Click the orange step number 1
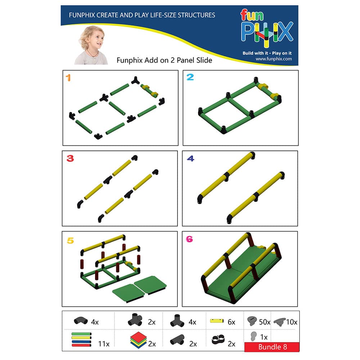pos(68,78)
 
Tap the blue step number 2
pos(190,77)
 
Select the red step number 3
pos(70,158)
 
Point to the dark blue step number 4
pos(190,158)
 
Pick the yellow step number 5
pos(70,240)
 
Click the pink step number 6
pos(189,239)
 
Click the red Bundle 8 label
pos(272,347)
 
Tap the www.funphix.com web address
pos(274,59)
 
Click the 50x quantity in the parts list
pos(265,322)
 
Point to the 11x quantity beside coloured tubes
pos(104,344)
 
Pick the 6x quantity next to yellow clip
pos(231,322)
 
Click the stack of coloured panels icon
pos(139,340)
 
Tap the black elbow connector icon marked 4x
pos(81,320)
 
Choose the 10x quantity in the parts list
pos(292,322)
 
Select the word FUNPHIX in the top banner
pos(82,15)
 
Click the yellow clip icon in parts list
pos(217,320)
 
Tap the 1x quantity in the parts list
pos(264,337)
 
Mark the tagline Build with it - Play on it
pos(267,53)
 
